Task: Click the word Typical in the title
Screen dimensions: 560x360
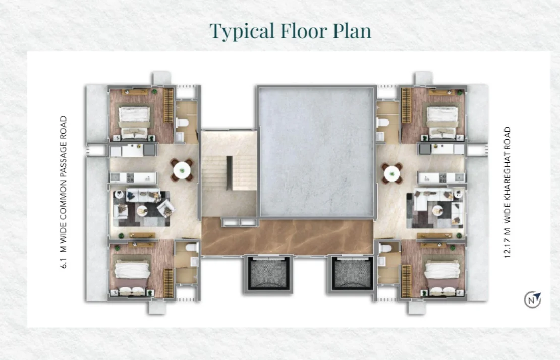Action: pyautogui.click(x=242, y=31)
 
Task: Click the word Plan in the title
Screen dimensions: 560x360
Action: pyautogui.click(x=352, y=31)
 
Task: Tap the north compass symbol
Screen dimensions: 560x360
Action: pyautogui.click(x=532, y=299)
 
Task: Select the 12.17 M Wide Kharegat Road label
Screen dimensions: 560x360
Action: pyautogui.click(x=507, y=192)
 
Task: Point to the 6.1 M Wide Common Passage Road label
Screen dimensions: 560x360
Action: pyautogui.click(x=63, y=192)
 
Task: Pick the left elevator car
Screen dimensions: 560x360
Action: pyautogui.click(x=268, y=274)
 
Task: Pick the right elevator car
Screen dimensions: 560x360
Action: pyautogui.click(x=352, y=274)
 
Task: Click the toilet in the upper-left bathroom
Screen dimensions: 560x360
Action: pyautogui.click(x=183, y=123)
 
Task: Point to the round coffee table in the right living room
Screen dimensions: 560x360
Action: pyautogui.click(x=437, y=211)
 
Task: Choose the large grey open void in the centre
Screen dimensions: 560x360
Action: pyautogui.click(x=316, y=152)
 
